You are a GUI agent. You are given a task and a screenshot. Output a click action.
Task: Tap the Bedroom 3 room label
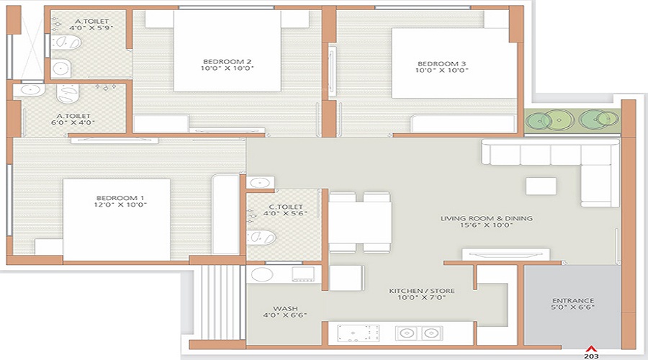coord(441,63)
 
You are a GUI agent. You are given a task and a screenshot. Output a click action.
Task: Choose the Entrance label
coord(572,300)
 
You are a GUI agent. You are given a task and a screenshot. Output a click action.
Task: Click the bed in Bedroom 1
coord(117,220)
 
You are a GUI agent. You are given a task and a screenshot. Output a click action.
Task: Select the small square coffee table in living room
coord(540,186)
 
